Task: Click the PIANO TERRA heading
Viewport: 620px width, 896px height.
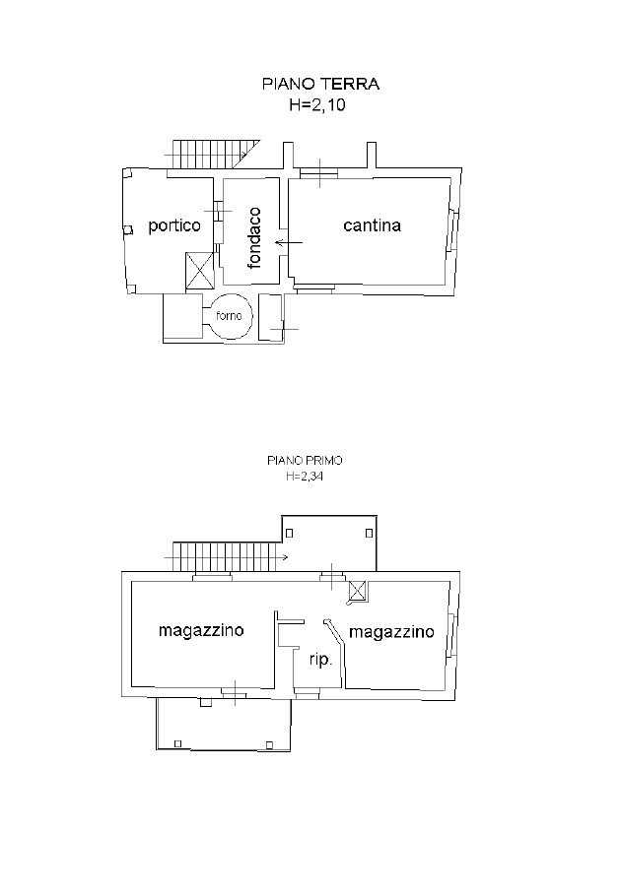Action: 320,84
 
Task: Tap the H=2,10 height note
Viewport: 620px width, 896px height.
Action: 317,105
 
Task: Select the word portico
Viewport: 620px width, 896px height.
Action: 174,225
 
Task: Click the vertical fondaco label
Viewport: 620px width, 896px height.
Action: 255,237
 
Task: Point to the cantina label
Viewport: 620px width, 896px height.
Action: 373,225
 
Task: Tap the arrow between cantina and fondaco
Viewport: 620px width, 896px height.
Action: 289,243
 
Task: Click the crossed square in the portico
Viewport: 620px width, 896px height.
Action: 199,271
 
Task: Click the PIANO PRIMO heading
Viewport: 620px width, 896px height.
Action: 305,460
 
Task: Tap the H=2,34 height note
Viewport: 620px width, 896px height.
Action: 305,477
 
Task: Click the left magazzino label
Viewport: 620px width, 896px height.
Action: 201,631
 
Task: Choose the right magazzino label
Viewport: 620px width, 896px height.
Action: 391,632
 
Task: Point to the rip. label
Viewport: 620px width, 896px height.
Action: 321,661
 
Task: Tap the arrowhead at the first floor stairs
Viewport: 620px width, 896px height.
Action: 285,556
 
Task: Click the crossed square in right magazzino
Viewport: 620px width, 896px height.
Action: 359,590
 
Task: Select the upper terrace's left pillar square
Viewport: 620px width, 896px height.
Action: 290,533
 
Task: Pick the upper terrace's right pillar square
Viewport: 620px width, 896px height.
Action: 370,533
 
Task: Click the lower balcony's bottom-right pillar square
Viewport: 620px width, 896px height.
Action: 269,744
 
